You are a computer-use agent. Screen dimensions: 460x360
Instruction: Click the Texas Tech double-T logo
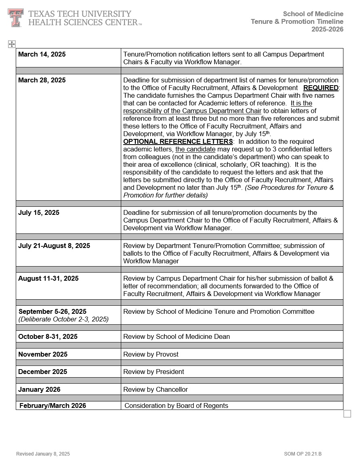coord(15,18)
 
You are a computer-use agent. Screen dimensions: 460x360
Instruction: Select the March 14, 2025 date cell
coord(42,55)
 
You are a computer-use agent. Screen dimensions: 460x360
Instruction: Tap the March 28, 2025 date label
coord(42,80)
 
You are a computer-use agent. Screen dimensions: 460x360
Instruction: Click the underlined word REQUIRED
coord(321,88)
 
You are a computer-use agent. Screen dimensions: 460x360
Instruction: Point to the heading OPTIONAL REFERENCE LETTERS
coord(178,142)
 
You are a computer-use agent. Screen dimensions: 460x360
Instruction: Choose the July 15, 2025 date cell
coord(39,213)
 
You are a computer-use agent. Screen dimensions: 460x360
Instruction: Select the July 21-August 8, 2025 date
coord(54,246)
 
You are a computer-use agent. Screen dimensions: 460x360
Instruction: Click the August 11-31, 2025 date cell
coord(48,279)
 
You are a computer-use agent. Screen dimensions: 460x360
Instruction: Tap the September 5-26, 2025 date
coord(53,312)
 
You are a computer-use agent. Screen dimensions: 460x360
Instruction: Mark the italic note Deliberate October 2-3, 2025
coord(63,319)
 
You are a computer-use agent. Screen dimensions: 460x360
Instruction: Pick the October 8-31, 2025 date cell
coord(48,337)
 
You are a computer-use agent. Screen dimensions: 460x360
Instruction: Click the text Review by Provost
coord(151,355)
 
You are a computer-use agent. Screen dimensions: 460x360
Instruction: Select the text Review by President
coord(154,372)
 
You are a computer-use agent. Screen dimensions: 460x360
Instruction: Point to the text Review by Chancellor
coord(156,390)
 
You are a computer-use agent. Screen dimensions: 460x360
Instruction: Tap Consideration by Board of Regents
coord(176,406)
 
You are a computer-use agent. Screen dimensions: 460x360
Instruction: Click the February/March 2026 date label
coord(53,406)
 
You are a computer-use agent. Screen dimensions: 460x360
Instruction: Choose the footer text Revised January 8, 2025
coord(43,454)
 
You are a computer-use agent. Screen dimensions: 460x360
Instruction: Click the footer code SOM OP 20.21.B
coord(303,454)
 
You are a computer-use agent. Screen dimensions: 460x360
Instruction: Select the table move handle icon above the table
coord(12,44)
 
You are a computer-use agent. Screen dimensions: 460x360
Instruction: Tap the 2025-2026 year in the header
coord(327,29)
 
